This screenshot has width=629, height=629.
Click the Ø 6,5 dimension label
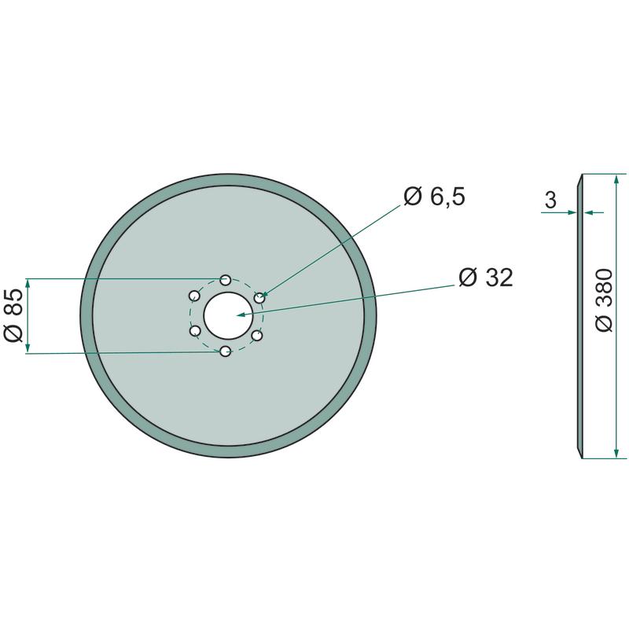click(434, 197)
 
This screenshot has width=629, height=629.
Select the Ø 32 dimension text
click(485, 278)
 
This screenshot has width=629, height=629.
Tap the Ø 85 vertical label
click(13, 315)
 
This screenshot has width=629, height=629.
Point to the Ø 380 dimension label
click(604, 300)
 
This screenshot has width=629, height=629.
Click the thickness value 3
click(551, 200)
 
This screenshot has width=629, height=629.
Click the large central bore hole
click(228, 316)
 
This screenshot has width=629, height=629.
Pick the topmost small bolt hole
click(226, 279)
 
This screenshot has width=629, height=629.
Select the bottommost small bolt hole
click(226, 351)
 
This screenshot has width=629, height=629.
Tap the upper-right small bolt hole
click(259, 298)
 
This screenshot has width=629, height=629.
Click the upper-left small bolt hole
click(194, 296)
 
